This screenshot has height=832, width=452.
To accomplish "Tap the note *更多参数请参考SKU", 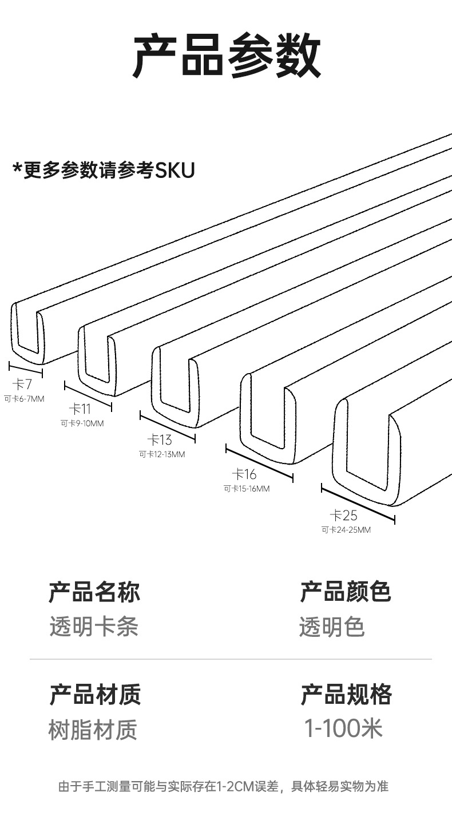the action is pos(104,171).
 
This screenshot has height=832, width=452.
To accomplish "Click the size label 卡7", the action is pos(22,384).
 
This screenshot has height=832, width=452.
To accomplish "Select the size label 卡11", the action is pos(80,409).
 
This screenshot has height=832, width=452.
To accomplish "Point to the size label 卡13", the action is pos(160,440).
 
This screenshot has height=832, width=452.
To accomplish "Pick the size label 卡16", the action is pos(244,474).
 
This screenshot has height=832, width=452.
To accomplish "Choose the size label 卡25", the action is pos(343,515).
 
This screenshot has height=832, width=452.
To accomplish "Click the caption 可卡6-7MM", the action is pos(24,399).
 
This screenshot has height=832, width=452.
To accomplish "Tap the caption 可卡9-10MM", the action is pos(82,423).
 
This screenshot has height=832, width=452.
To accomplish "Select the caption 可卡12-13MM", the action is pos(162,454).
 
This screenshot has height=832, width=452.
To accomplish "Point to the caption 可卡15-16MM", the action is pos(247,489).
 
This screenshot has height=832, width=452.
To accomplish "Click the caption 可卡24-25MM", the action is pos(346,530).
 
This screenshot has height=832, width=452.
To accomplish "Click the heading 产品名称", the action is pos(94,592).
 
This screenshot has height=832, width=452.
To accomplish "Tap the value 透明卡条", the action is pos(94,627).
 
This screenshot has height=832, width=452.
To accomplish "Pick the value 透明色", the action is pos(332,627).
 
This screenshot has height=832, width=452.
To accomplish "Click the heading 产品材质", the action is pos(95,695).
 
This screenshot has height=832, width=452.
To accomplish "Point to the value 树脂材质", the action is pos(93,730).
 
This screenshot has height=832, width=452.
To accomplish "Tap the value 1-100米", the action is pos(343,728).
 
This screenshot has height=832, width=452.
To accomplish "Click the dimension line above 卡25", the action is pos(358,504).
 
